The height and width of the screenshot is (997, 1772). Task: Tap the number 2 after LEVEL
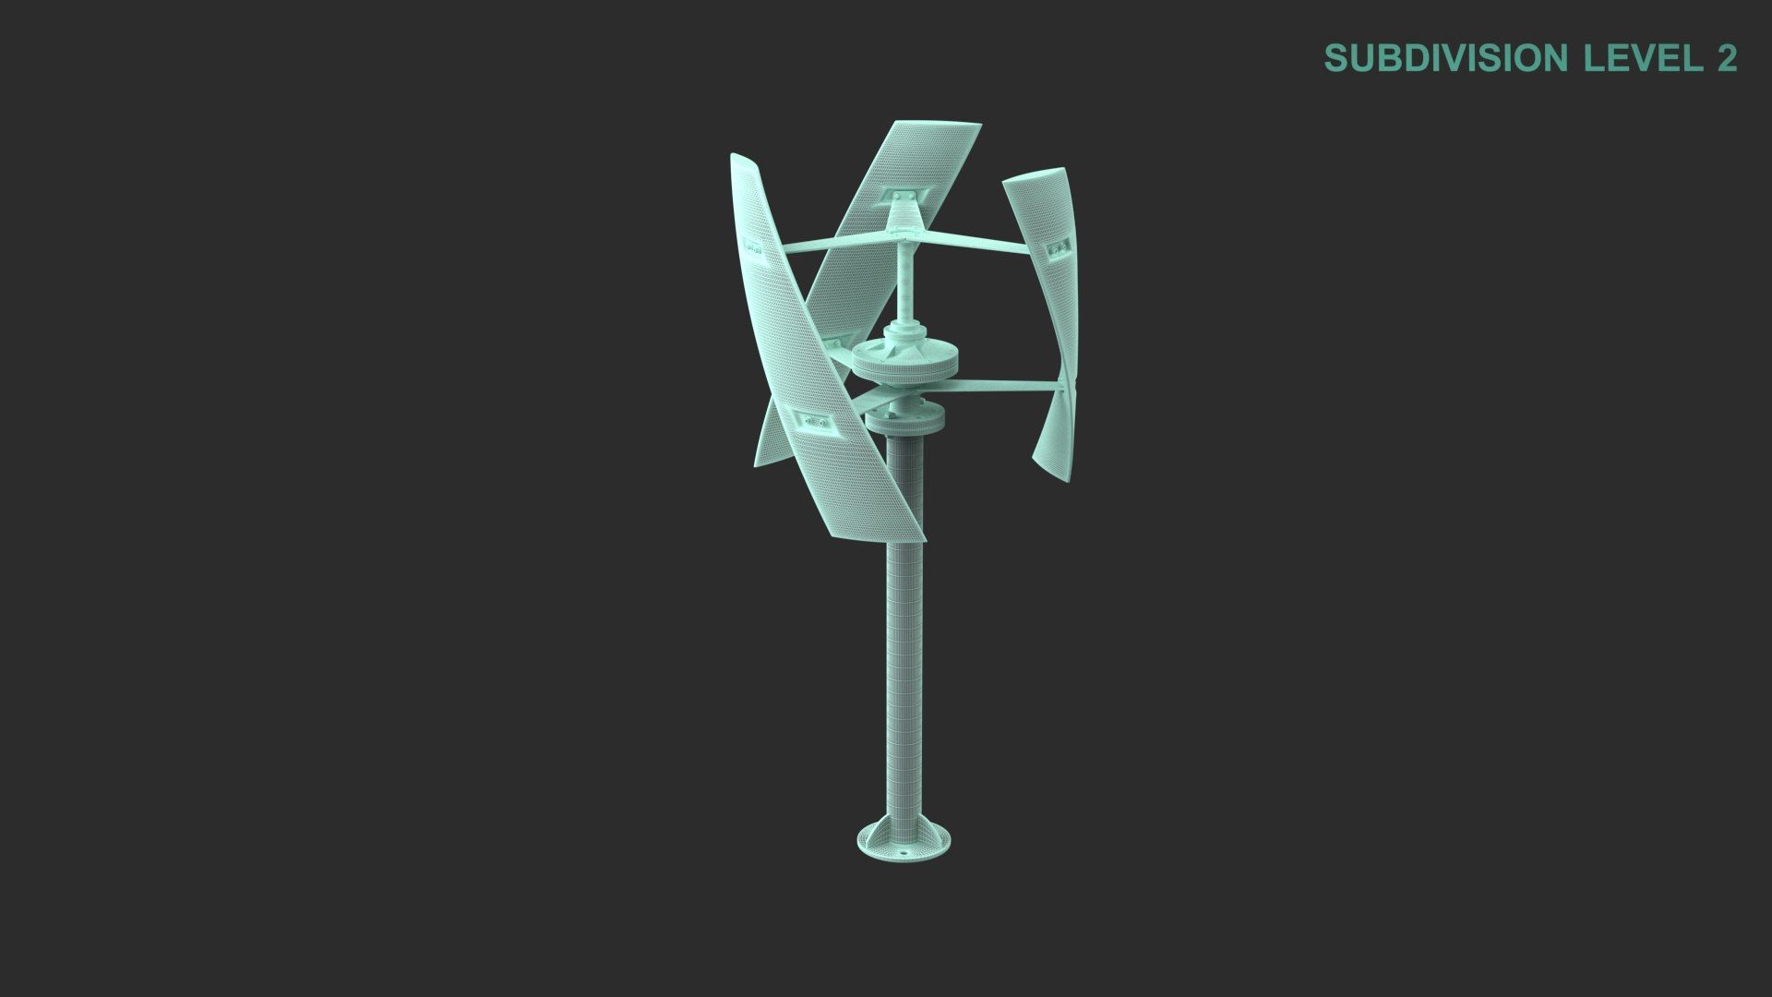tap(1726, 58)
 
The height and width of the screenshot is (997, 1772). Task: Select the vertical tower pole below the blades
tap(904, 646)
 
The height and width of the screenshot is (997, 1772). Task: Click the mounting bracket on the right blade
tap(1058, 247)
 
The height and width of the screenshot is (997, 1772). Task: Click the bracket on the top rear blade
tap(904, 197)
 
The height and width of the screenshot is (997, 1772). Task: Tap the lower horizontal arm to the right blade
tap(1006, 386)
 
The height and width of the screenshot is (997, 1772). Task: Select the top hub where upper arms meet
tap(904, 232)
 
